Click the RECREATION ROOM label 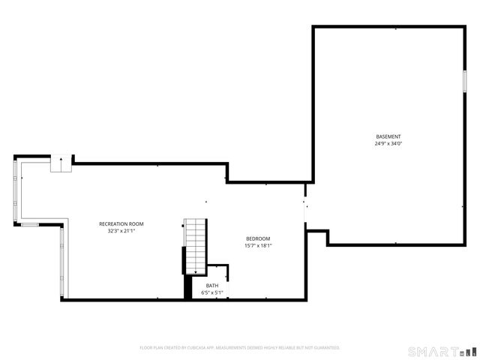[121, 223]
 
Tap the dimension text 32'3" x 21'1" [121, 231]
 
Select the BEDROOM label [258, 238]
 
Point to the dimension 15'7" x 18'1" [258, 246]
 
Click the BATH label [212, 285]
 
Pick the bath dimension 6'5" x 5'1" [212, 292]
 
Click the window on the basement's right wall [464, 81]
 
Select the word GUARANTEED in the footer [325, 348]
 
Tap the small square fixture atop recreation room [60, 164]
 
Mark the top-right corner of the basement [465, 28]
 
